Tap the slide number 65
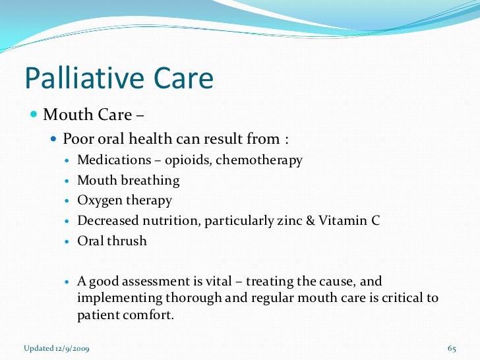(x=452, y=348)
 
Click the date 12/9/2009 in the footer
(x=71, y=348)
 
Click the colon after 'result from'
(x=286, y=140)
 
